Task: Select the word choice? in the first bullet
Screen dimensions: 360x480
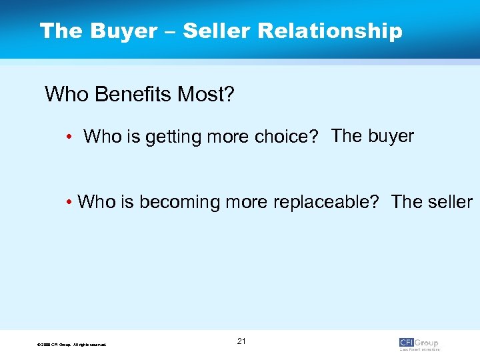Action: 287,137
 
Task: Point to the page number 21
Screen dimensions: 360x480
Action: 241,341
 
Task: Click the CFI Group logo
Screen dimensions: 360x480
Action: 419,343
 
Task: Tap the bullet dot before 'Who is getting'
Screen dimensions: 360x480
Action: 69,137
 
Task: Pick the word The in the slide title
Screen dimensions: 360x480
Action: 59,31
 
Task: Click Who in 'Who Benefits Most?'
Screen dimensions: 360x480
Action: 65,95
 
